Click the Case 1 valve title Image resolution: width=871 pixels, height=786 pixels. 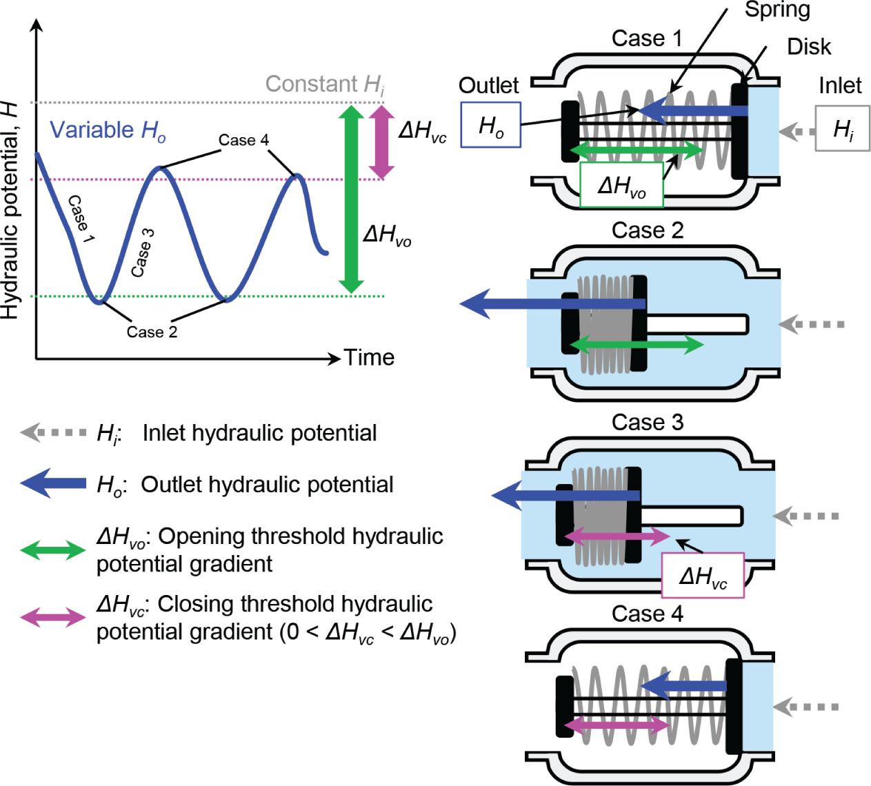tap(646, 39)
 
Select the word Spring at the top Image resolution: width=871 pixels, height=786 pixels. tap(777, 10)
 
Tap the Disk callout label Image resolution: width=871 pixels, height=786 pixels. tap(809, 47)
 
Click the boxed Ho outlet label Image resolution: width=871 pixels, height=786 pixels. tap(490, 125)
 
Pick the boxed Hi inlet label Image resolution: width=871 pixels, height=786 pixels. tap(842, 128)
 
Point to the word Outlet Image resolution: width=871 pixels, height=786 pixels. tap(488, 85)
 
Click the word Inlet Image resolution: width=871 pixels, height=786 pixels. tap(840, 85)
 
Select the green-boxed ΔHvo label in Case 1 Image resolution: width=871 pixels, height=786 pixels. tap(621, 185)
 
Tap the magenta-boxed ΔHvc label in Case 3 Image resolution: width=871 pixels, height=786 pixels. tap(702, 575)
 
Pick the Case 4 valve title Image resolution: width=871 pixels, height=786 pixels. tap(647, 614)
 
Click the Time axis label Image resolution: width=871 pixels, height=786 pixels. tap(369, 357)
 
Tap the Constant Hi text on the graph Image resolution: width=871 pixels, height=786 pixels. tap(326, 84)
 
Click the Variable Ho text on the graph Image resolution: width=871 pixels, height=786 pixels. tap(108, 130)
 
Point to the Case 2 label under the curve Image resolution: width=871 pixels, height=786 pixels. tap(152, 332)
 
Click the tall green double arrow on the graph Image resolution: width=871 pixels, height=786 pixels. tap(352, 199)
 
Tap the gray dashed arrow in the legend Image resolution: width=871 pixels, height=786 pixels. tap(53, 433)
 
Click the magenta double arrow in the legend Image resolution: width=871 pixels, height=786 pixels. tap(53, 617)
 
